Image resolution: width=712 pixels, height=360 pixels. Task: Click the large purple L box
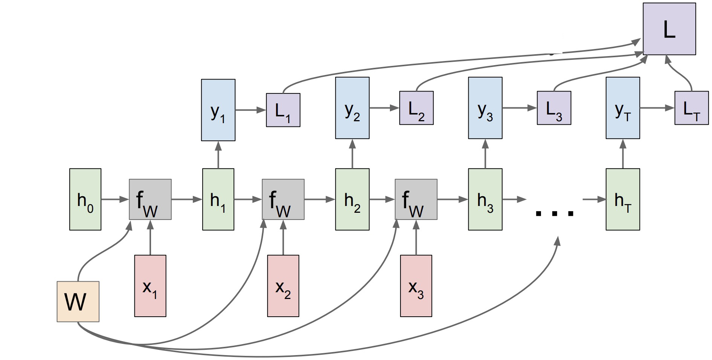(669, 29)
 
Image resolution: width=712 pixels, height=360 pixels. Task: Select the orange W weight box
(78, 302)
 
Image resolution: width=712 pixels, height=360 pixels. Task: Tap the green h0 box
(86, 199)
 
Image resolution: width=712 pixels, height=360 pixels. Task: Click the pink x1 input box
(150, 286)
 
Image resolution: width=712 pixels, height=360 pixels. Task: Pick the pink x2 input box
(283, 286)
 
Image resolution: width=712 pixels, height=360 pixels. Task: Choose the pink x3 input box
(416, 286)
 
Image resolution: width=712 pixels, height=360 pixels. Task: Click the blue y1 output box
(218, 110)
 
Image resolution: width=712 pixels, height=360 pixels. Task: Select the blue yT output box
(623, 108)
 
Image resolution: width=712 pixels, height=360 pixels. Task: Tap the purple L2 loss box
(416, 108)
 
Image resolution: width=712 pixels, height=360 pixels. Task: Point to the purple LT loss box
(691, 108)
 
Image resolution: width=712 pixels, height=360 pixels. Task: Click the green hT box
(623, 199)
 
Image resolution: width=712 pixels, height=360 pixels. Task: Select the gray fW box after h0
(150, 200)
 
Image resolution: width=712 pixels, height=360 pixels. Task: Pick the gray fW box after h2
(416, 200)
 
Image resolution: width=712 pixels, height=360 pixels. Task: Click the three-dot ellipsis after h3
(555, 213)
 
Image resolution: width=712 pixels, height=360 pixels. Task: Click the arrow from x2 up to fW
(283, 237)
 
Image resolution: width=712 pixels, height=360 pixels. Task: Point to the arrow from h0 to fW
(115, 199)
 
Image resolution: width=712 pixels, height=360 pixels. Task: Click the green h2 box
(352, 199)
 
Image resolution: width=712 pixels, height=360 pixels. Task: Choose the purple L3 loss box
(554, 108)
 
